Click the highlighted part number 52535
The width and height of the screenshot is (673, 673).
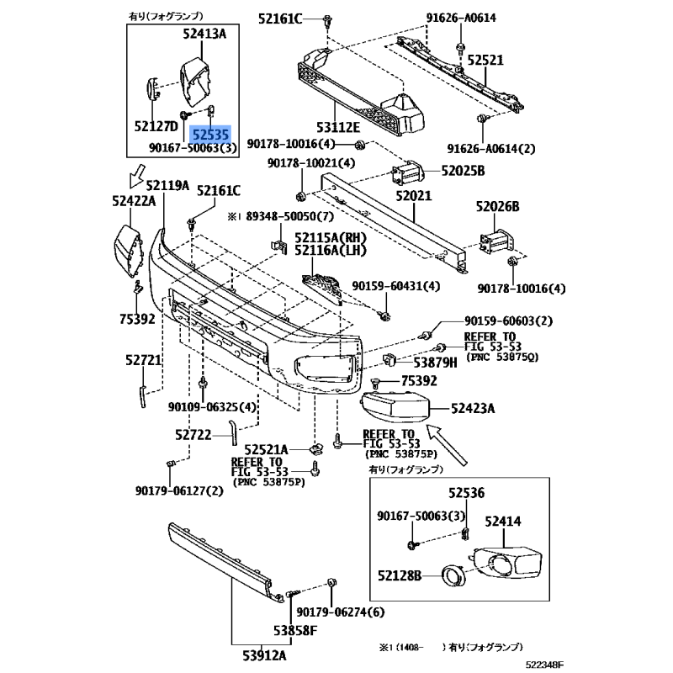(209, 133)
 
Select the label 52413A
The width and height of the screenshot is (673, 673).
(204, 34)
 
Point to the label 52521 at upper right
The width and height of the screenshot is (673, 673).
(485, 61)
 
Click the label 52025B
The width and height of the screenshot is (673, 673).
(464, 172)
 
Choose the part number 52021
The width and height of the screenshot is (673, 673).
(414, 196)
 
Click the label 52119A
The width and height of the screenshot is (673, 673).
(167, 185)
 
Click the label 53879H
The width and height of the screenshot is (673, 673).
(435, 363)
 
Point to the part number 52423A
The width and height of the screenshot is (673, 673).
(472, 410)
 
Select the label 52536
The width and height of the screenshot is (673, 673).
(467, 493)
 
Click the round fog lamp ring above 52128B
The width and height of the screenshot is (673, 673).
(455, 576)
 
